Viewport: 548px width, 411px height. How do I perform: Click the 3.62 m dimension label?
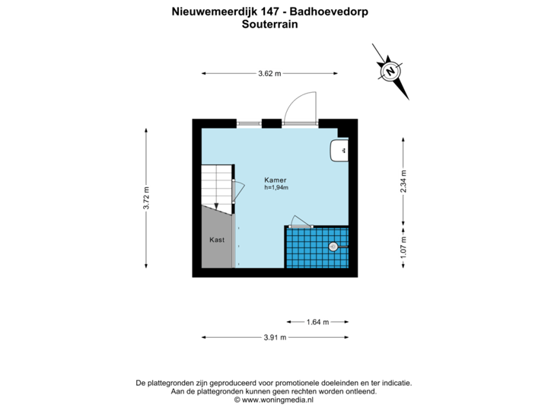(269, 74)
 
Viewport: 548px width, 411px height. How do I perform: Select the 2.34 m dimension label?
(403, 181)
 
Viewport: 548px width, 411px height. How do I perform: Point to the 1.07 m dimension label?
(403, 247)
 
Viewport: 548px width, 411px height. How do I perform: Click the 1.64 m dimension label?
(317, 322)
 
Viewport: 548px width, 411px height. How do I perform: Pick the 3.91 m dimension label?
(275, 337)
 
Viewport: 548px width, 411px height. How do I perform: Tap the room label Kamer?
(275, 180)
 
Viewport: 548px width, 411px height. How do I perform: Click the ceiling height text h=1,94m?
(276, 187)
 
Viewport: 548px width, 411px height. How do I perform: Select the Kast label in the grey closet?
(217, 240)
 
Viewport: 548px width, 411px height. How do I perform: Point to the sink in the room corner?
(340, 151)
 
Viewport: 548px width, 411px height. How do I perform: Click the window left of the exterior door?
(248, 122)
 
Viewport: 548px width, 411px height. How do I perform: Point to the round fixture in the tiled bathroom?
(333, 247)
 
